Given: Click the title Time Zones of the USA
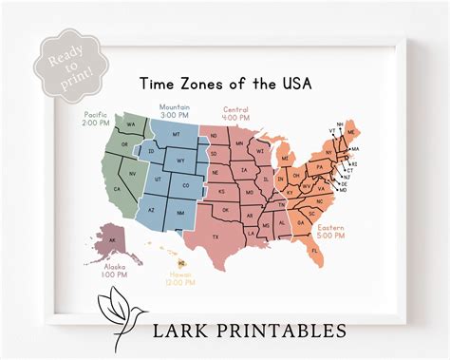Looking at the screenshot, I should [225, 84].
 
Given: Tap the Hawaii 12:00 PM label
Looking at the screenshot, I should [179, 278].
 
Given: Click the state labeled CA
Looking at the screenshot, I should [118, 190].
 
